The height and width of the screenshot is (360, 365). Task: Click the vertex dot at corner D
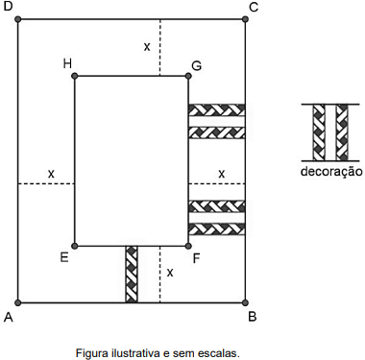18,19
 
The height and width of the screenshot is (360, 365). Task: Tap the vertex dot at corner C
245,19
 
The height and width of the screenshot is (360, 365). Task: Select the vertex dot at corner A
18,302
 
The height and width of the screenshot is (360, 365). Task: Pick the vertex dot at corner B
245,302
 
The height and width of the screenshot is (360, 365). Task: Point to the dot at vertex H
75,76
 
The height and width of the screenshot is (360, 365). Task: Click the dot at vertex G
188,76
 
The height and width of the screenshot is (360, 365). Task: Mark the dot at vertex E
75,246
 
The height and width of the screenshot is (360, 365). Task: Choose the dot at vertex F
188,246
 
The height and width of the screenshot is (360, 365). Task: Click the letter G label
196,65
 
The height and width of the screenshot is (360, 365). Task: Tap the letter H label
67,63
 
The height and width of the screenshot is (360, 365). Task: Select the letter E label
64,257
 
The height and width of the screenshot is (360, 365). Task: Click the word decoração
331,172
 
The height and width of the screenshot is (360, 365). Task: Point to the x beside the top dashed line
147,47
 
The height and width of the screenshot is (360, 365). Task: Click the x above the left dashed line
51,175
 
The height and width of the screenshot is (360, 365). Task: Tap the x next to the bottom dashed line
170,273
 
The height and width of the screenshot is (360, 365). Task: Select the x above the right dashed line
221,175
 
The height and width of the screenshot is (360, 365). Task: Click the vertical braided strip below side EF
132,275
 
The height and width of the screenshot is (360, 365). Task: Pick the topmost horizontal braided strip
217,110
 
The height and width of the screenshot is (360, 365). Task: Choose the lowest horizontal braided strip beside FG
217,229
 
